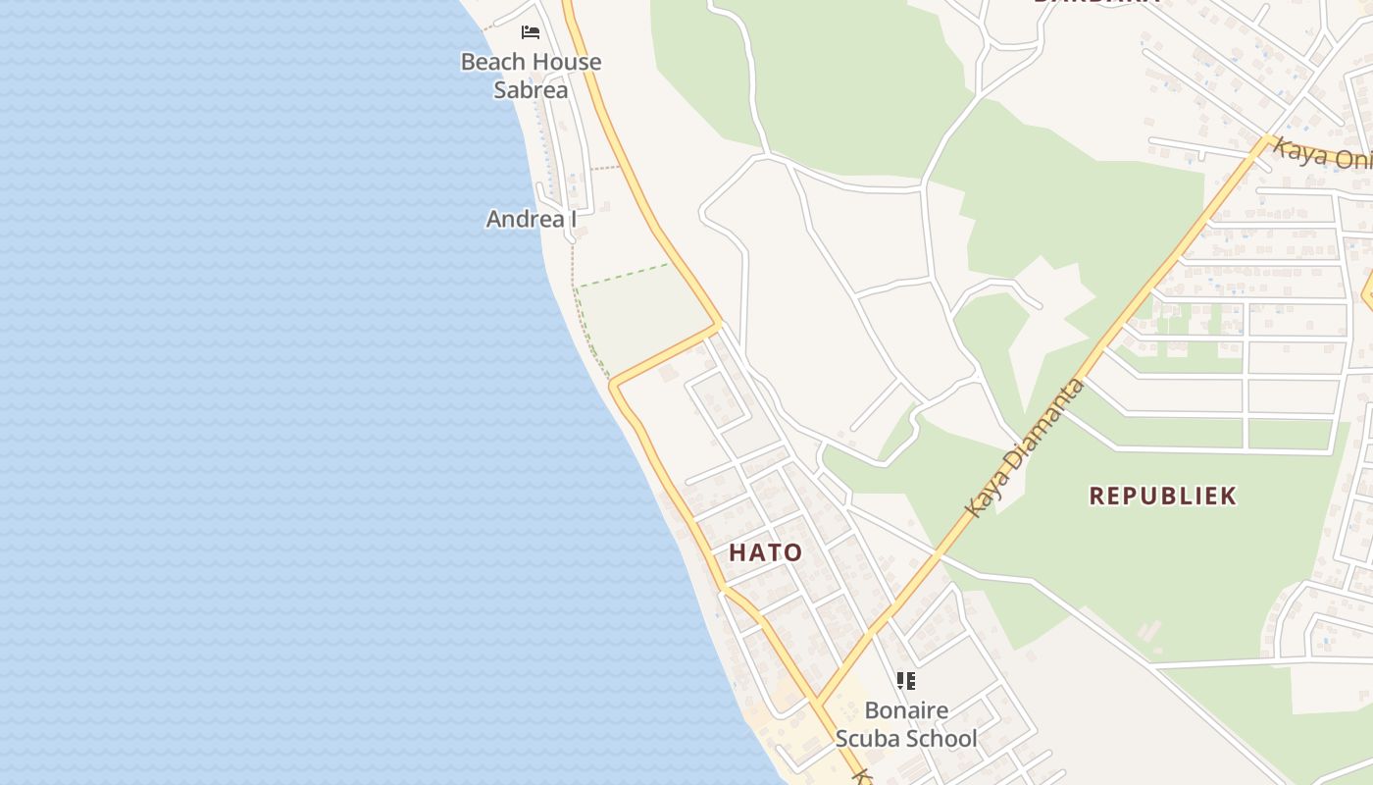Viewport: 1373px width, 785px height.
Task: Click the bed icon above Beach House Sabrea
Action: [x=531, y=32]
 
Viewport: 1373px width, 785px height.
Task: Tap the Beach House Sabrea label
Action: [x=531, y=76]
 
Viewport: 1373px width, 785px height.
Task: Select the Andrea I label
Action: [x=532, y=219]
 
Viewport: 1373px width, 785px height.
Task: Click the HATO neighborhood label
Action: [x=766, y=552]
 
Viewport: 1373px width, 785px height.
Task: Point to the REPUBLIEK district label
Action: [x=1163, y=496]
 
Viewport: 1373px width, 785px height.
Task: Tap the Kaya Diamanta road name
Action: [x=1026, y=448]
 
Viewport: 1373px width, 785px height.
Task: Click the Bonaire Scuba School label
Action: [x=906, y=724]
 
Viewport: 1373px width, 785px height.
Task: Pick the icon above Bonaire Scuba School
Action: [x=906, y=680]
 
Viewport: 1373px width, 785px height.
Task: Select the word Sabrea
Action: [x=531, y=90]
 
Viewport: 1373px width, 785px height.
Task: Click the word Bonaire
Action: [x=906, y=710]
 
